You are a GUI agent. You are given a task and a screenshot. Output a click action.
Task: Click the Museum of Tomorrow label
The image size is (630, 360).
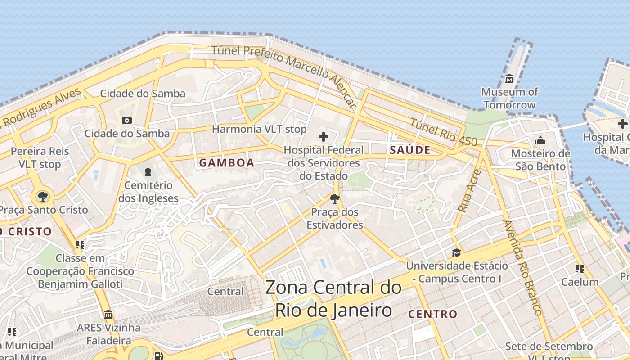(x=509, y=99)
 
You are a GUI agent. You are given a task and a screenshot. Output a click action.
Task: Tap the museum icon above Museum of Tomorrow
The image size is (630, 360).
(x=509, y=79)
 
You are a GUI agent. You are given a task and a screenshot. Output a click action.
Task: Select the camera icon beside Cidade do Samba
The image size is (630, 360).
(x=127, y=120)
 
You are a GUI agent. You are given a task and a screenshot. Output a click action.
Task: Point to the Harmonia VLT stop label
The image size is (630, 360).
(x=259, y=129)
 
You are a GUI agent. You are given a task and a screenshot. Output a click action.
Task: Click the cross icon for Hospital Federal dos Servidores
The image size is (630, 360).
(x=323, y=137)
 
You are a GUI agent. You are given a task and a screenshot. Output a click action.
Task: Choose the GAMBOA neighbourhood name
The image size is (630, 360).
(x=227, y=163)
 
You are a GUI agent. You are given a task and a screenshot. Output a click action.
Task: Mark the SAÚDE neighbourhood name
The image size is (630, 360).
(x=410, y=150)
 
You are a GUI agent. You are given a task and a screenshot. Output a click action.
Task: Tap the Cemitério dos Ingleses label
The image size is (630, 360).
(x=148, y=192)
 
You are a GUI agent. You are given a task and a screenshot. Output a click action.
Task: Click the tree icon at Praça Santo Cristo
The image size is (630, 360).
(x=43, y=196)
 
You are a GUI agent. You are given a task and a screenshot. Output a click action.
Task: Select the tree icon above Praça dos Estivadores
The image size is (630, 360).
(x=334, y=198)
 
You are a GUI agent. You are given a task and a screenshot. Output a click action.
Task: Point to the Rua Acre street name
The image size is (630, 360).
(x=469, y=190)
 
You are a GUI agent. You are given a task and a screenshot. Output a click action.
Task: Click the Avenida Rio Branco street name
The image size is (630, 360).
(x=522, y=267)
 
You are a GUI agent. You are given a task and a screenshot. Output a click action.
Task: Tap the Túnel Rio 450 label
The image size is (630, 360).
(x=443, y=132)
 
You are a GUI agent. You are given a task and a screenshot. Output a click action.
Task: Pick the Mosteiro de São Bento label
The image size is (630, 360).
(x=540, y=160)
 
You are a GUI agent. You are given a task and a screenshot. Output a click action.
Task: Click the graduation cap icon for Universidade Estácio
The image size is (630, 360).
(x=456, y=252)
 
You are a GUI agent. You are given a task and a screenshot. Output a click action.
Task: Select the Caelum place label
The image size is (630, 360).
(x=580, y=282)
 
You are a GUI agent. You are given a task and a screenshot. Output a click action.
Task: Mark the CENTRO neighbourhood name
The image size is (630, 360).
(x=433, y=314)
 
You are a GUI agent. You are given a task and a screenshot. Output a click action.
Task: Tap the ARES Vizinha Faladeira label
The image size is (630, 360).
(x=108, y=334)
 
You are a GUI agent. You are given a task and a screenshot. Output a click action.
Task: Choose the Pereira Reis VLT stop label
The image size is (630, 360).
(x=40, y=157)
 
